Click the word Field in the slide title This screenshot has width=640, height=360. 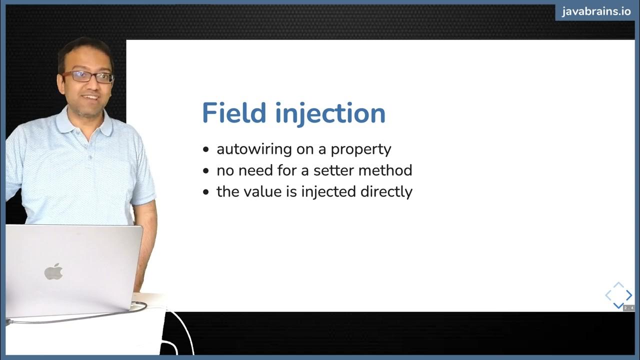[x=234, y=113]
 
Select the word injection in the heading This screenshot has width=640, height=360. [x=331, y=114]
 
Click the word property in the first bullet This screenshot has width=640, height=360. [x=361, y=149]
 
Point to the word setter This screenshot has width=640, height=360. [x=334, y=170]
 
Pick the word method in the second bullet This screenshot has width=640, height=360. [x=388, y=170]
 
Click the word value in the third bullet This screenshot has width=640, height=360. [x=264, y=191]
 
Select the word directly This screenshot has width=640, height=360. [x=386, y=192]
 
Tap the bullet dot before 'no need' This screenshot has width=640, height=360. [x=206, y=171]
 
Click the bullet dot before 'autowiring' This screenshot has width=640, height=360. [x=206, y=149]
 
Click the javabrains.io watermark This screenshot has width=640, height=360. [x=596, y=11]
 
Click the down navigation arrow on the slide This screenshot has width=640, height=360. [x=618, y=305]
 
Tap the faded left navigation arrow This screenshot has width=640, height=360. [x=608, y=295]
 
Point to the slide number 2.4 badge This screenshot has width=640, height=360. [x=628, y=308]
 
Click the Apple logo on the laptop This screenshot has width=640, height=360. [x=53, y=271]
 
